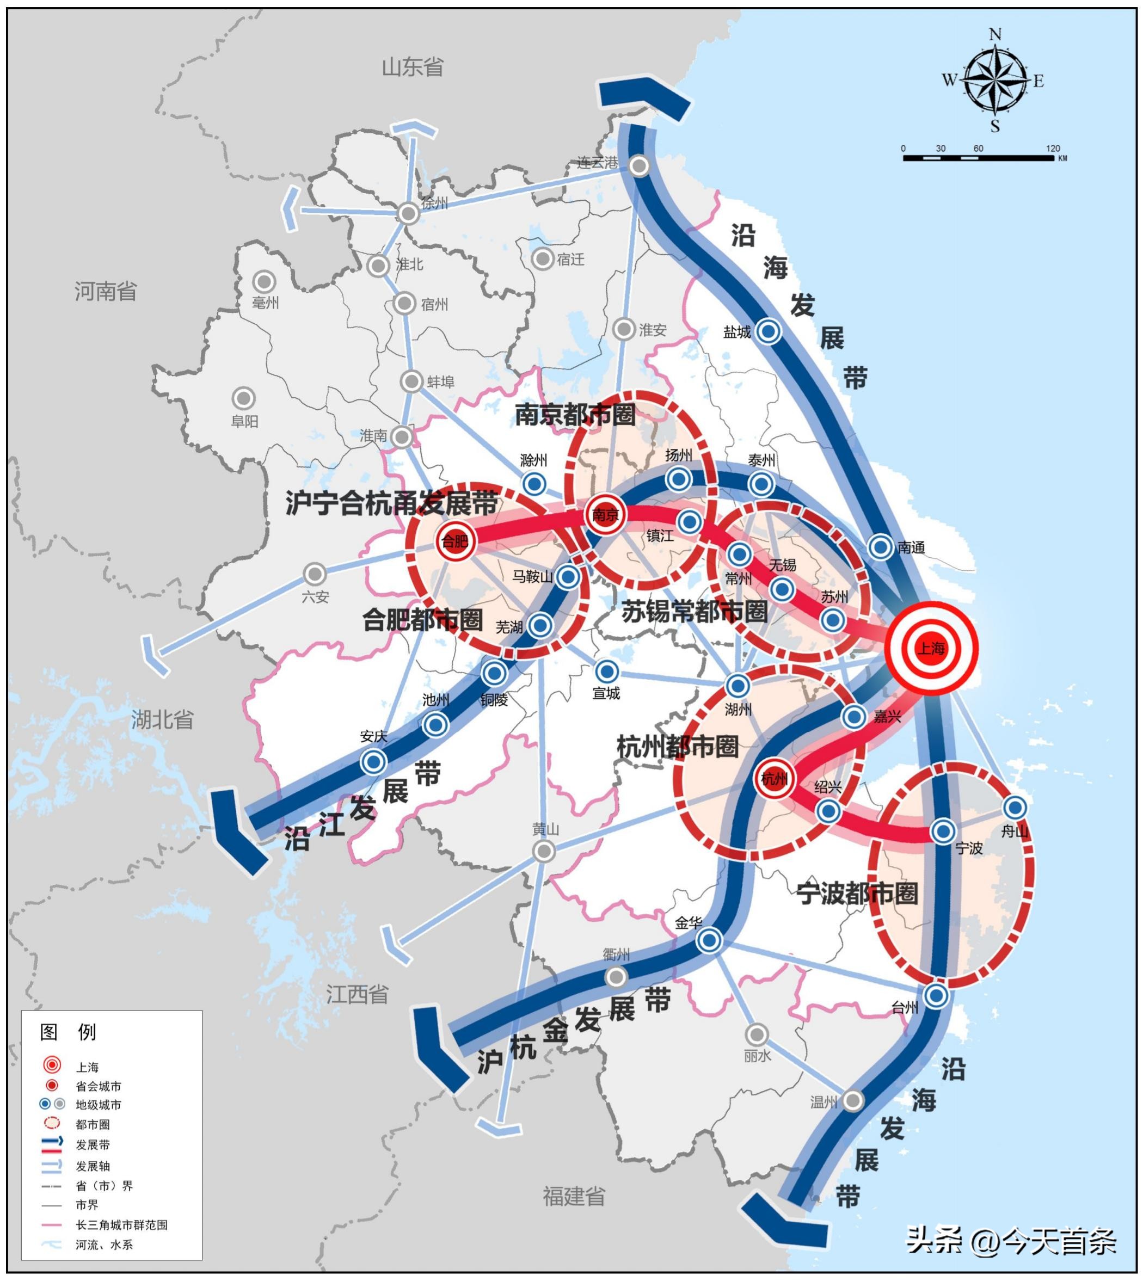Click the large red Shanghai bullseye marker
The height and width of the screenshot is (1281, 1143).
(931, 648)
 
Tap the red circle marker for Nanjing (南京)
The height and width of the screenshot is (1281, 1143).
(605, 514)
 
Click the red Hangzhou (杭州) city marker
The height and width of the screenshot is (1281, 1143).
(774, 779)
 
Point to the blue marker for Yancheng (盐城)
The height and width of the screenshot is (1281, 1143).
(768, 331)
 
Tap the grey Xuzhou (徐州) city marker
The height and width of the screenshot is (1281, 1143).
(409, 213)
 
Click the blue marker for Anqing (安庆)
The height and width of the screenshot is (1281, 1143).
(373, 762)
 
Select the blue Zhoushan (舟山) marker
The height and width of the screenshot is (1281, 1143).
(1015, 807)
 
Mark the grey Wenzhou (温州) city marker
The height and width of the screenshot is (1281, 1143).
(852, 1100)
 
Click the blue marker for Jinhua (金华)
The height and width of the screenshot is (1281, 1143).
(709, 940)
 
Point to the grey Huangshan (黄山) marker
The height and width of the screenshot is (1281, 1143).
(544, 851)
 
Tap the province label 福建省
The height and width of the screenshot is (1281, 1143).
(574, 1196)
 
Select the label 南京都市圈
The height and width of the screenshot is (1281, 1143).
(575, 415)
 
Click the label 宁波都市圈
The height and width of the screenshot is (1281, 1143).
(857, 893)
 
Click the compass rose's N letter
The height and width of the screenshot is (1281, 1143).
(995, 34)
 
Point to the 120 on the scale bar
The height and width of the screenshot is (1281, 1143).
(1053, 149)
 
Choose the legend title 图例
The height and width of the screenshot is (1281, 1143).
(68, 1032)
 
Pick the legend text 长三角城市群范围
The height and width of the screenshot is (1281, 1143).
(122, 1224)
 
